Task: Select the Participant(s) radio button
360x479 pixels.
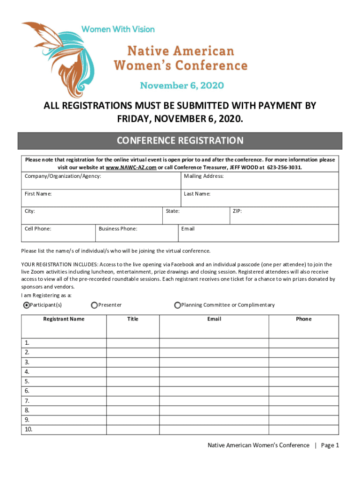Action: [27, 305]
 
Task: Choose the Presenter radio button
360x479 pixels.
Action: [94, 305]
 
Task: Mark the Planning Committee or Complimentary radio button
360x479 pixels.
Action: [178, 305]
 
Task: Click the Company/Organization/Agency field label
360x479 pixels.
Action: [63, 176]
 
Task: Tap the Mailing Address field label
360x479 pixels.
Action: [204, 176]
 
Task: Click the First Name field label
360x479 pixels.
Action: [38, 194]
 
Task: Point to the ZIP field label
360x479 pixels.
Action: [237, 211]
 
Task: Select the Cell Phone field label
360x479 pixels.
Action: [38, 229]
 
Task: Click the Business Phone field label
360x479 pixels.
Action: [118, 229]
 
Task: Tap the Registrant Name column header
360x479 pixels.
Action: [64, 319]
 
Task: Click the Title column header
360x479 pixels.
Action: [133, 319]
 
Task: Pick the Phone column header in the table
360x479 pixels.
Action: [303, 319]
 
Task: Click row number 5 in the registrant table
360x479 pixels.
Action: [27, 381]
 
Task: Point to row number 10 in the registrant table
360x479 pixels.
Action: [29, 430]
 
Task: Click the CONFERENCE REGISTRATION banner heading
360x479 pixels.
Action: [180, 141]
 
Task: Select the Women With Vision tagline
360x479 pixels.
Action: [118, 29]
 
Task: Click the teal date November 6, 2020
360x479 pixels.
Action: [182, 86]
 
